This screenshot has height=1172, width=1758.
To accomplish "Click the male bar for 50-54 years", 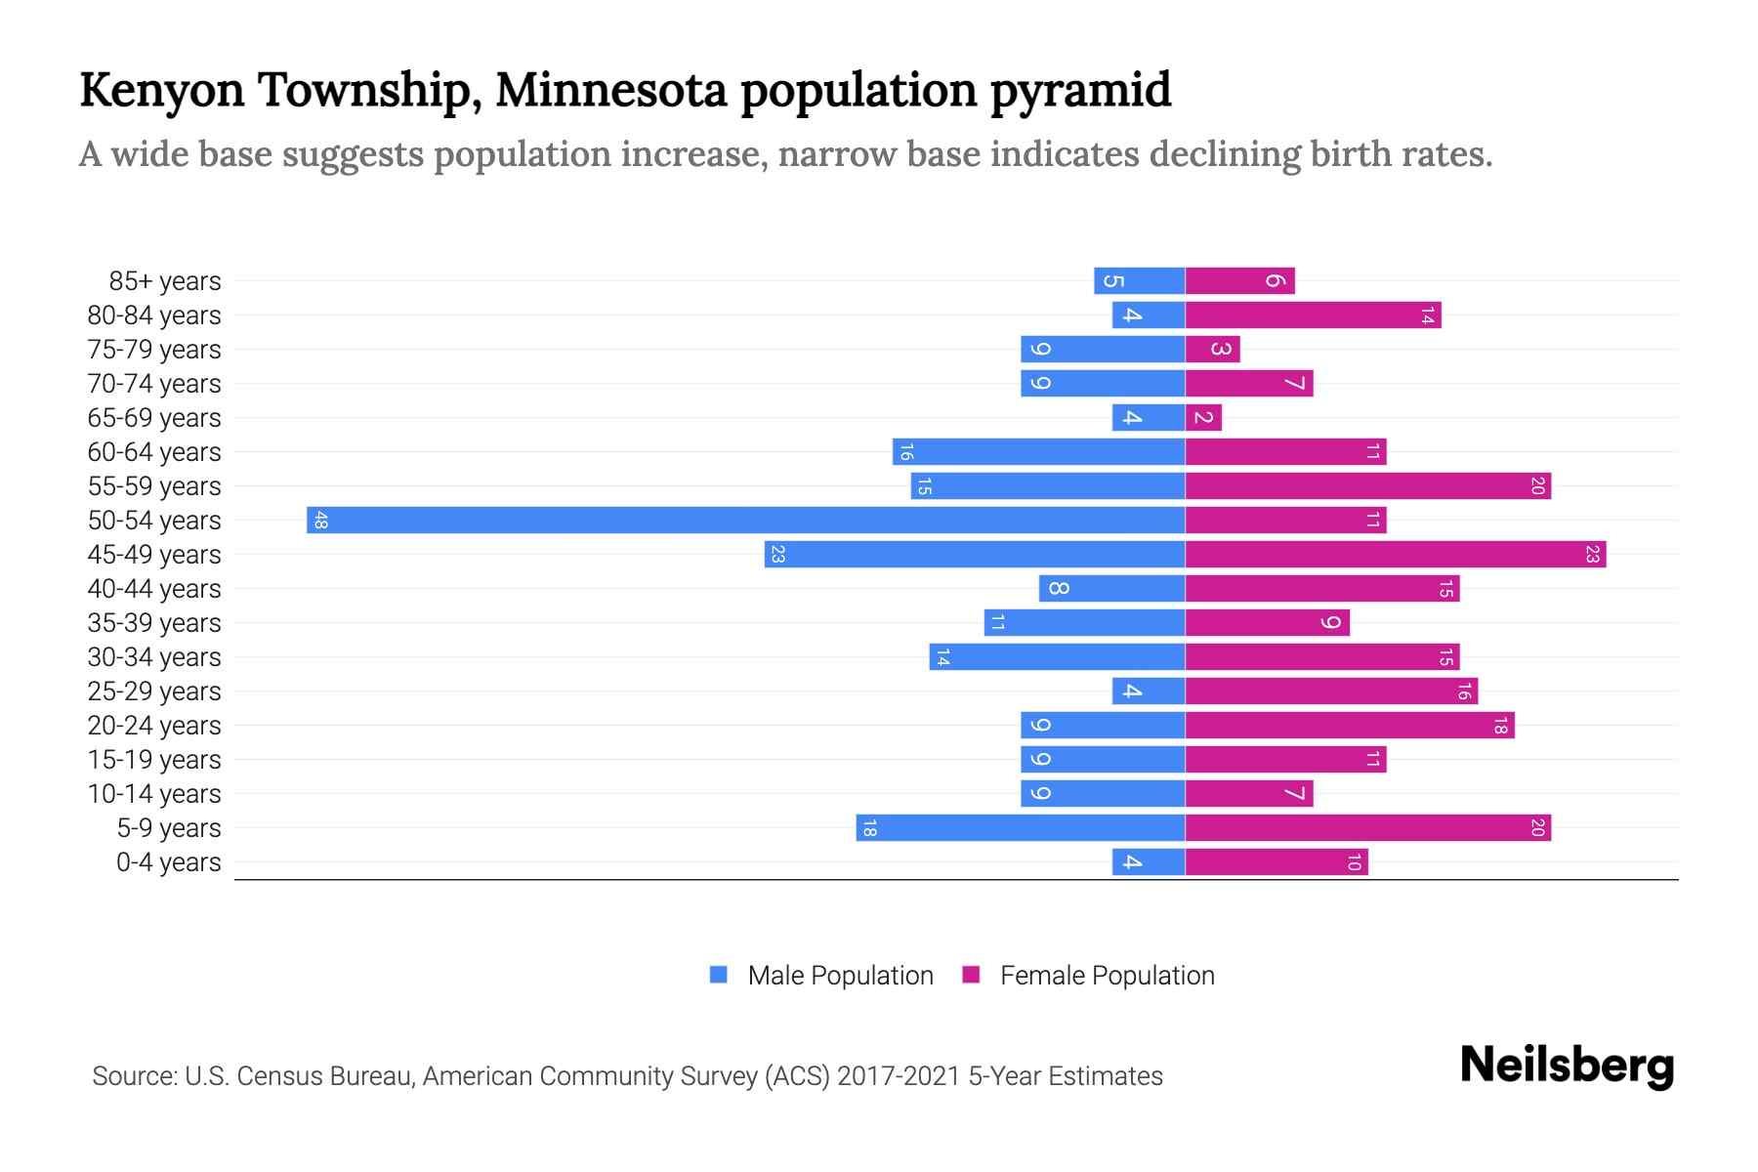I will click(x=745, y=520).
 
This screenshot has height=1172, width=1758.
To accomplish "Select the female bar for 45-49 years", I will click(x=1395, y=554).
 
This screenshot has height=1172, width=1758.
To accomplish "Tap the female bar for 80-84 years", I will click(x=1313, y=314).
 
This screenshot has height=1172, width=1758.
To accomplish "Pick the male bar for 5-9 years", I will click(x=1021, y=827).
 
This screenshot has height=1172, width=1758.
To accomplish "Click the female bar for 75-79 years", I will click(x=1212, y=349).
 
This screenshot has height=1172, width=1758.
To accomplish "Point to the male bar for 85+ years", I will click(x=1139, y=280).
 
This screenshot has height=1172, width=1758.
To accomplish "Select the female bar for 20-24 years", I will click(x=1349, y=725).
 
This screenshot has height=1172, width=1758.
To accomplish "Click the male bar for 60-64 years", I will click(x=1038, y=451).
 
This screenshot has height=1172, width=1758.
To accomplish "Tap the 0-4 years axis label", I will click(x=168, y=862).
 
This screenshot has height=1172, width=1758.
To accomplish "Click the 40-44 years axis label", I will click(x=154, y=589).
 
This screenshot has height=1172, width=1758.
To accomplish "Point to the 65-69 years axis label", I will click(x=154, y=418).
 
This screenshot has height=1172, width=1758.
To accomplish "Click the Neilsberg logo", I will click(x=1567, y=1066).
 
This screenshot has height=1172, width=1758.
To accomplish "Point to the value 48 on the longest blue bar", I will click(x=320, y=520).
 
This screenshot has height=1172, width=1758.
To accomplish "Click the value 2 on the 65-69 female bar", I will click(x=1203, y=418).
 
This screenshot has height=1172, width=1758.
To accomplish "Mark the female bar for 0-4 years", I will click(x=1276, y=861).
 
